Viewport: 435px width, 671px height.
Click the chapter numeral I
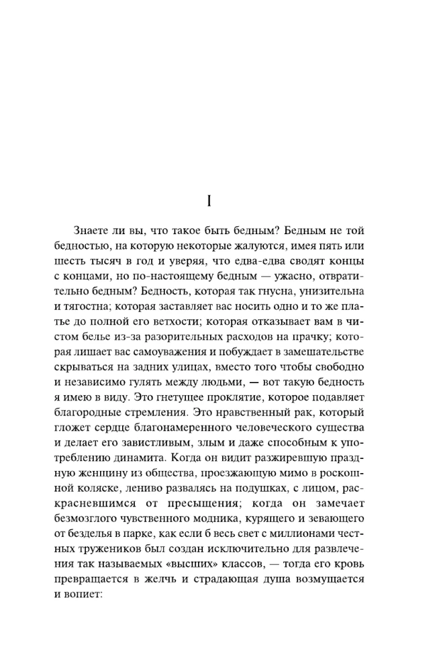click(x=210, y=201)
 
